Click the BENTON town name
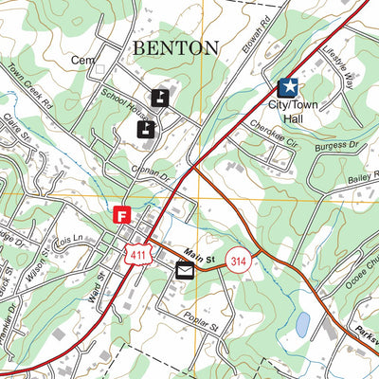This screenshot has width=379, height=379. click(x=175, y=47)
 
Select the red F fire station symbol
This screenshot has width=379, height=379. click(x=121, y=215)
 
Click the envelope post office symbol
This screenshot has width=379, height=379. click(x=184, y=271)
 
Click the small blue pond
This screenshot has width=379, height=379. click(x=302, y=326)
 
